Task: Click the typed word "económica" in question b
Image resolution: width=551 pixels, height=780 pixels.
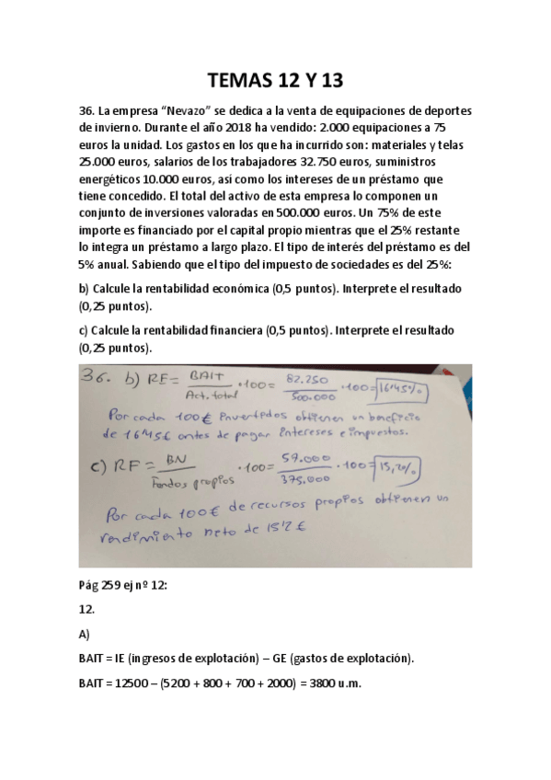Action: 218,289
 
